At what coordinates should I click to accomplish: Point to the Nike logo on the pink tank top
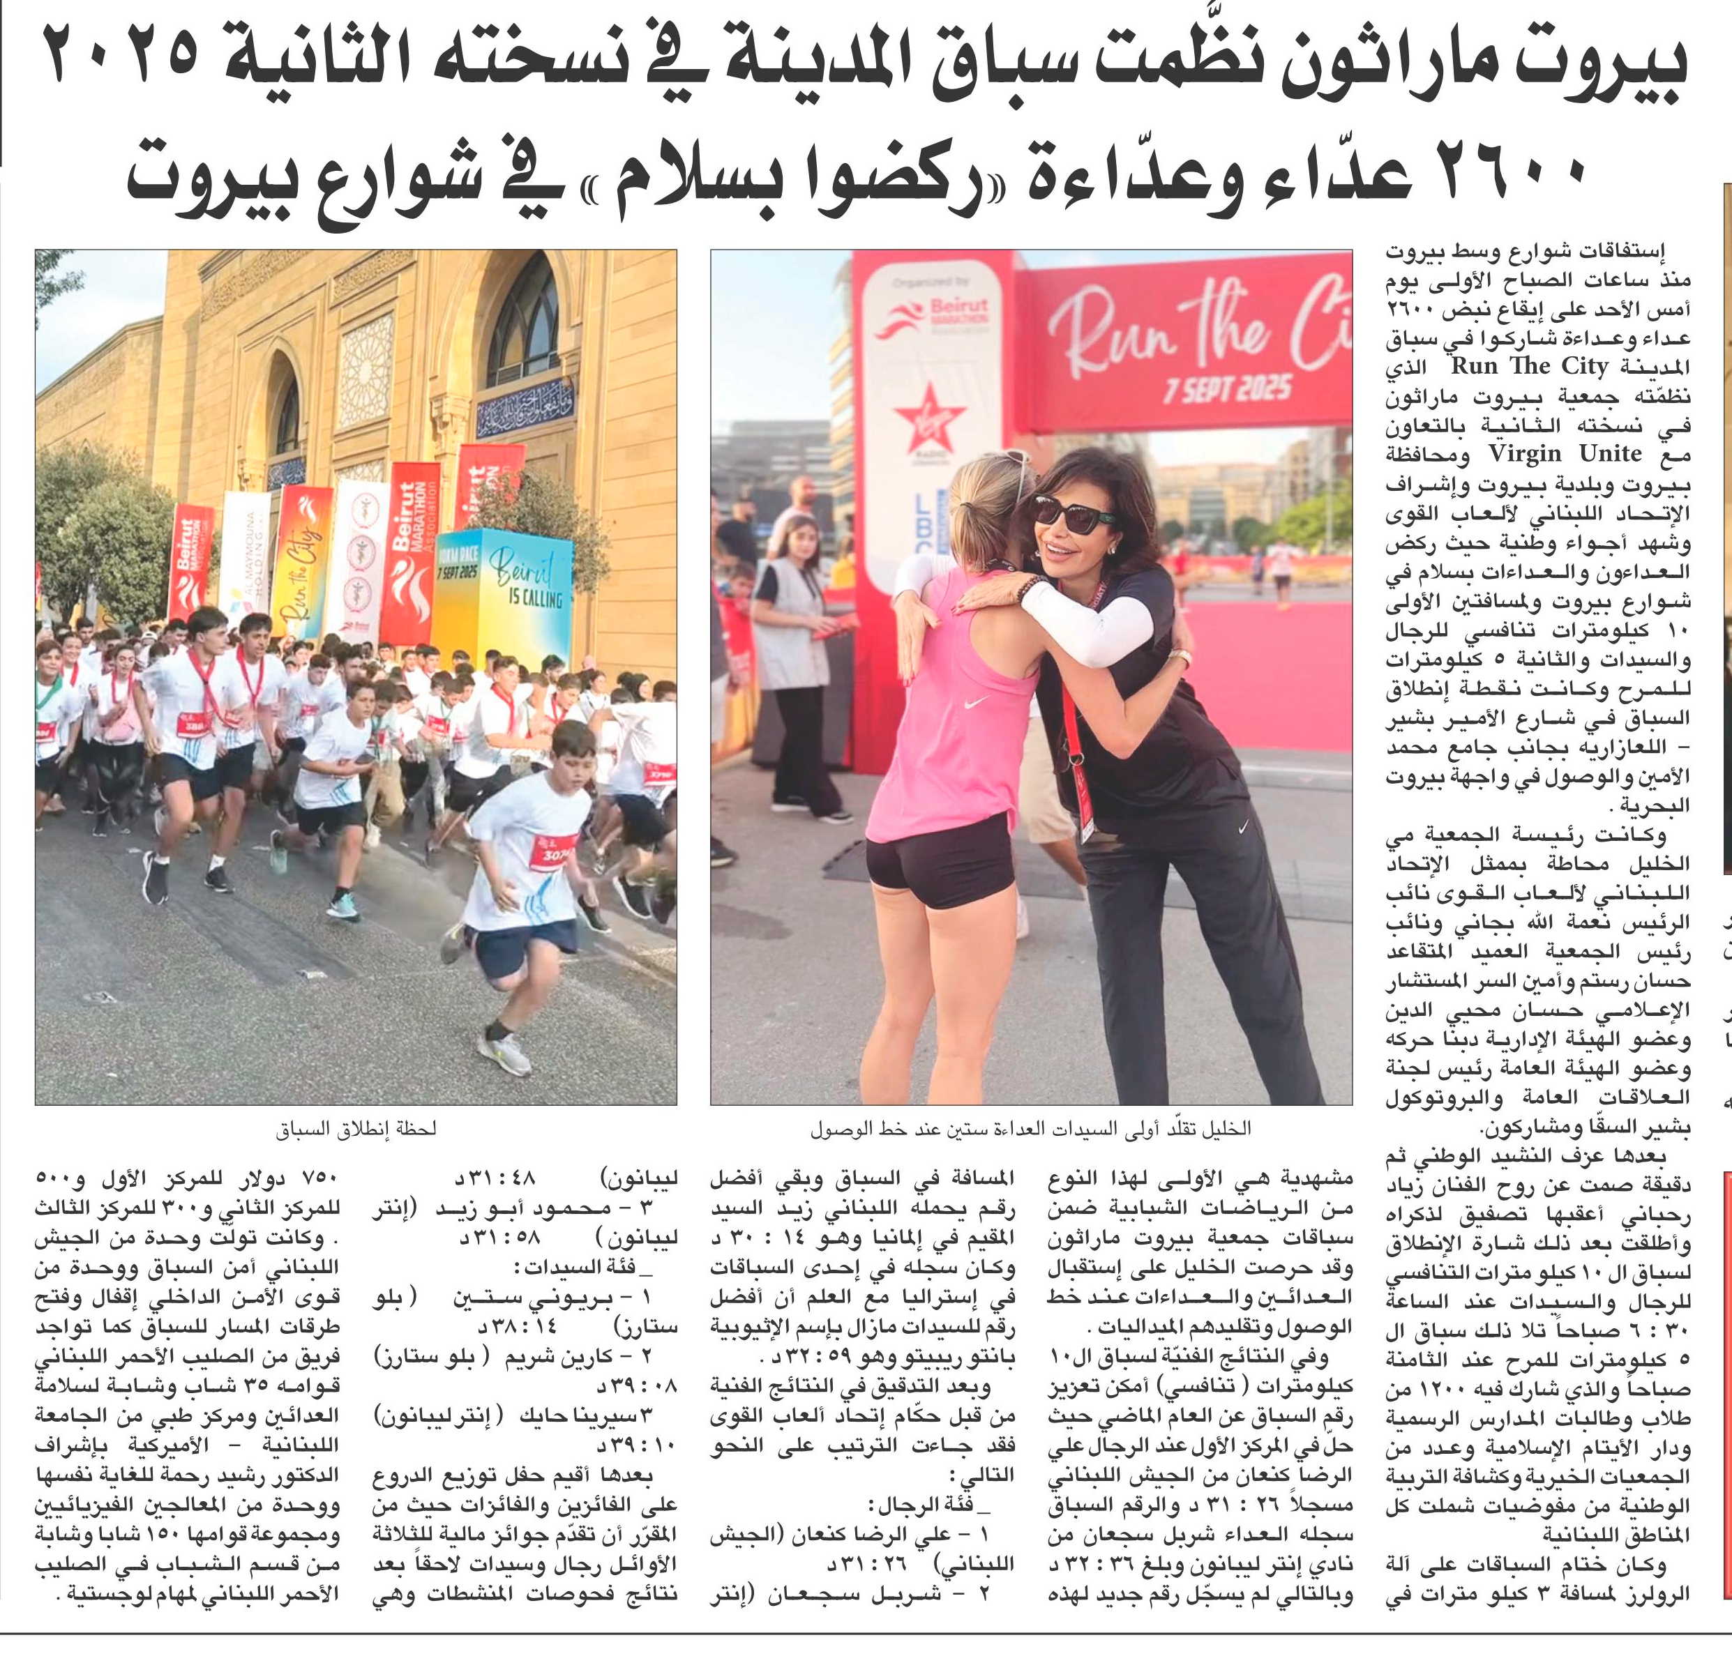pyautogui.click(x=975, y=704)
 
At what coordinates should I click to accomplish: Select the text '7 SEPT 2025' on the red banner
pyautogui.click(x=1227, y=389)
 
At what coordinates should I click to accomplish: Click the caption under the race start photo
pyautogui.click(x=356, y=1128)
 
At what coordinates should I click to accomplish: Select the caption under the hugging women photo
pyautogui.click(x=1031, y=1128)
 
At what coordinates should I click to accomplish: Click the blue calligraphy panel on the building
pyautogui.click(x=525, y=407)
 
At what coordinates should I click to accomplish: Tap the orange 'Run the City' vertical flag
pyautogui.click(x=303, y=561)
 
